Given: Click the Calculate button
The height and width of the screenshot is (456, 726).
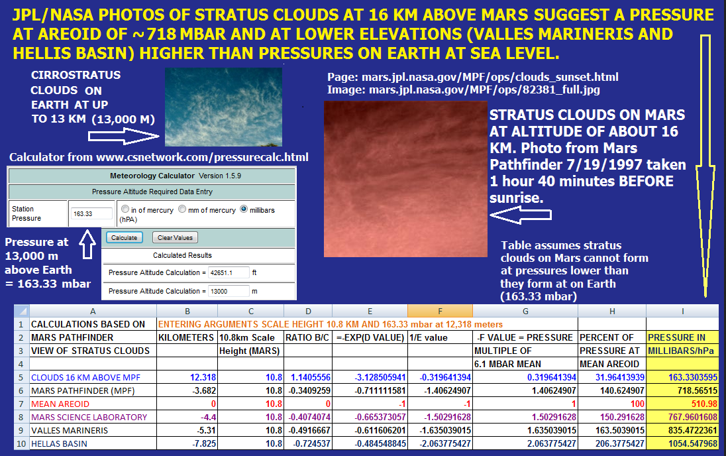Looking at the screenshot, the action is pos(124,237).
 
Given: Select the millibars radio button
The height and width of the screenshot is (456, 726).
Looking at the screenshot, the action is pos(244,209).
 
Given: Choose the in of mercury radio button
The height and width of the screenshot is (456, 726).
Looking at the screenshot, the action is pos(125,209).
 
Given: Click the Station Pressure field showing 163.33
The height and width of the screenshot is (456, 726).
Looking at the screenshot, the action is pos(91,213).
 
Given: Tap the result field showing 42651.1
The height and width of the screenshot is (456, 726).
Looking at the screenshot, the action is pos(229,272).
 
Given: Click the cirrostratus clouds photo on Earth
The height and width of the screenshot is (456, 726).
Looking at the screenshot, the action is pos(223,107).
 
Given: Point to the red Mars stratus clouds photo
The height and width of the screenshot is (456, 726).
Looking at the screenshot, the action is pos(405,179).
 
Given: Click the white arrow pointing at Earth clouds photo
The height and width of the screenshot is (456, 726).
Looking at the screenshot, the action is pos(124,137).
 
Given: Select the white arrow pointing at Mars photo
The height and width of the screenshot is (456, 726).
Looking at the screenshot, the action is pos(521,215).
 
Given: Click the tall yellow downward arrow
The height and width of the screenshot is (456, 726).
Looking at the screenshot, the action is pos(705,166).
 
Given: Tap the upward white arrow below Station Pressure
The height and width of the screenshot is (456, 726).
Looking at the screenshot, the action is pos(87,244).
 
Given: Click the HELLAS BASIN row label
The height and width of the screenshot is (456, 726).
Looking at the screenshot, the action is pos(59,443).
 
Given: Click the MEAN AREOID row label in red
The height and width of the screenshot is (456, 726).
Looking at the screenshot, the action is pos(60,404).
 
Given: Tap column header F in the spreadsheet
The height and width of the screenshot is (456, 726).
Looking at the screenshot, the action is pos(440,311).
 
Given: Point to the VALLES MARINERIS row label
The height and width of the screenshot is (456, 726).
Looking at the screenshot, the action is pos(70,431).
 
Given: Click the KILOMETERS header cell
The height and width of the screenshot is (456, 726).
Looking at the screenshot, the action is pos(187,337).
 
